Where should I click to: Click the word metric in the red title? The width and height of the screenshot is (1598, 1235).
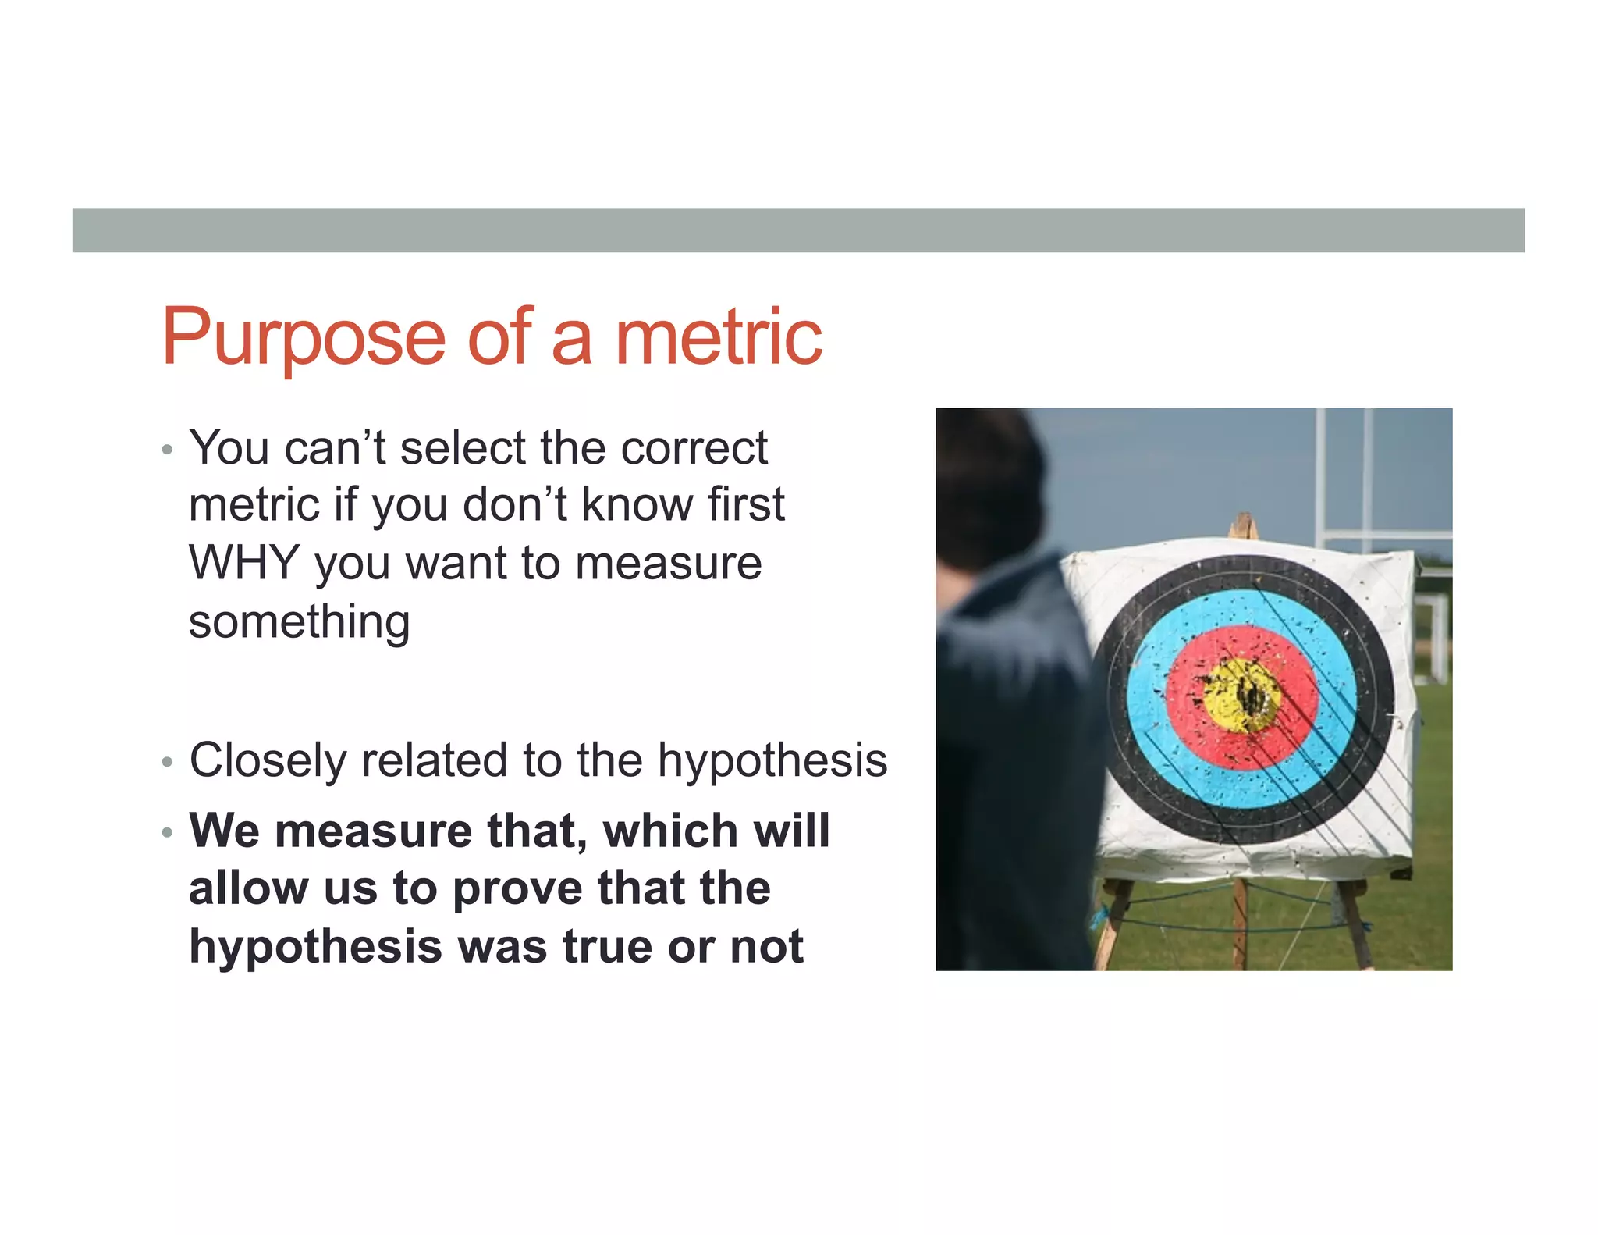pyautogui.click(x=719, y=337)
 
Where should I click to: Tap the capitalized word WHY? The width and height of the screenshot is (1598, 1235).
pyautogui.click(x=244, y=563)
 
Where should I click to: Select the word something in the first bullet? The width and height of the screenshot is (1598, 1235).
pyautogui.click(x=299, y=622)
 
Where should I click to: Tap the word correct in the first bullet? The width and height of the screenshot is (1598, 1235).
pyautogui.click(x=694, y=448)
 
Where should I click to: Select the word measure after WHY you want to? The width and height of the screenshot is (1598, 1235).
pyautogui.click(x=668, y=563)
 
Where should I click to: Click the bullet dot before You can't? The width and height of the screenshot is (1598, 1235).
pyautogui.click(x=166, y=450)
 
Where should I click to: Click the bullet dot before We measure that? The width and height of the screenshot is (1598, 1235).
pyautogui.click(x=166, y=833)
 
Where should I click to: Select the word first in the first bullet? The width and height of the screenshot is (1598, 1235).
pyautogui.click(x=746, y=505)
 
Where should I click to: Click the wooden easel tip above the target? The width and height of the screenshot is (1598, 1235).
pyautogui.click(x=1244, y=525)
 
